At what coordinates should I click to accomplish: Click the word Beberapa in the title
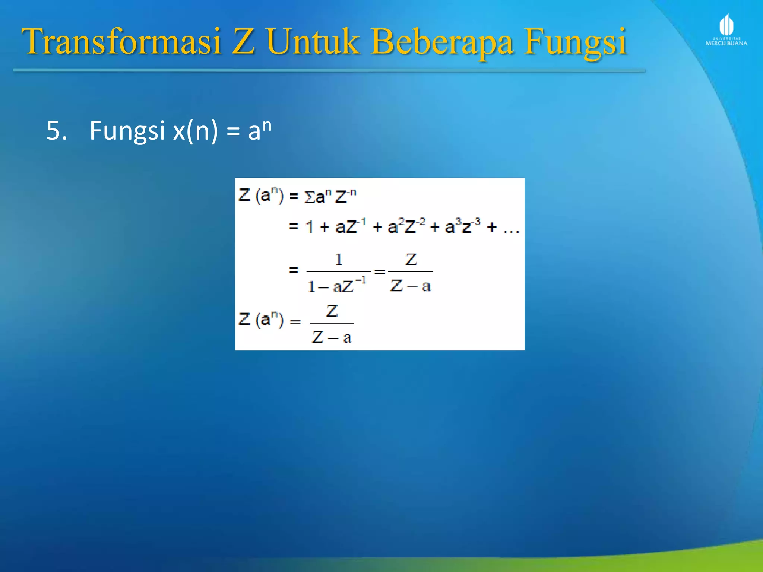[442, 42]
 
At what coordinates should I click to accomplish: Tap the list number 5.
[56, 131]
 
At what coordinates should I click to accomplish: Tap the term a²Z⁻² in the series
[406, 226]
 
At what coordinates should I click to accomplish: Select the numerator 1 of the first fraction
[338, 260]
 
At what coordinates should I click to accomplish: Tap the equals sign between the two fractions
[379, 271]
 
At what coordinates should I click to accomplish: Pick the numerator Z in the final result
[332, 311]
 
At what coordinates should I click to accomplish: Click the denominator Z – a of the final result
[332, 337]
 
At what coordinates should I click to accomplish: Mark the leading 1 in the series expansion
[309, 227]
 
